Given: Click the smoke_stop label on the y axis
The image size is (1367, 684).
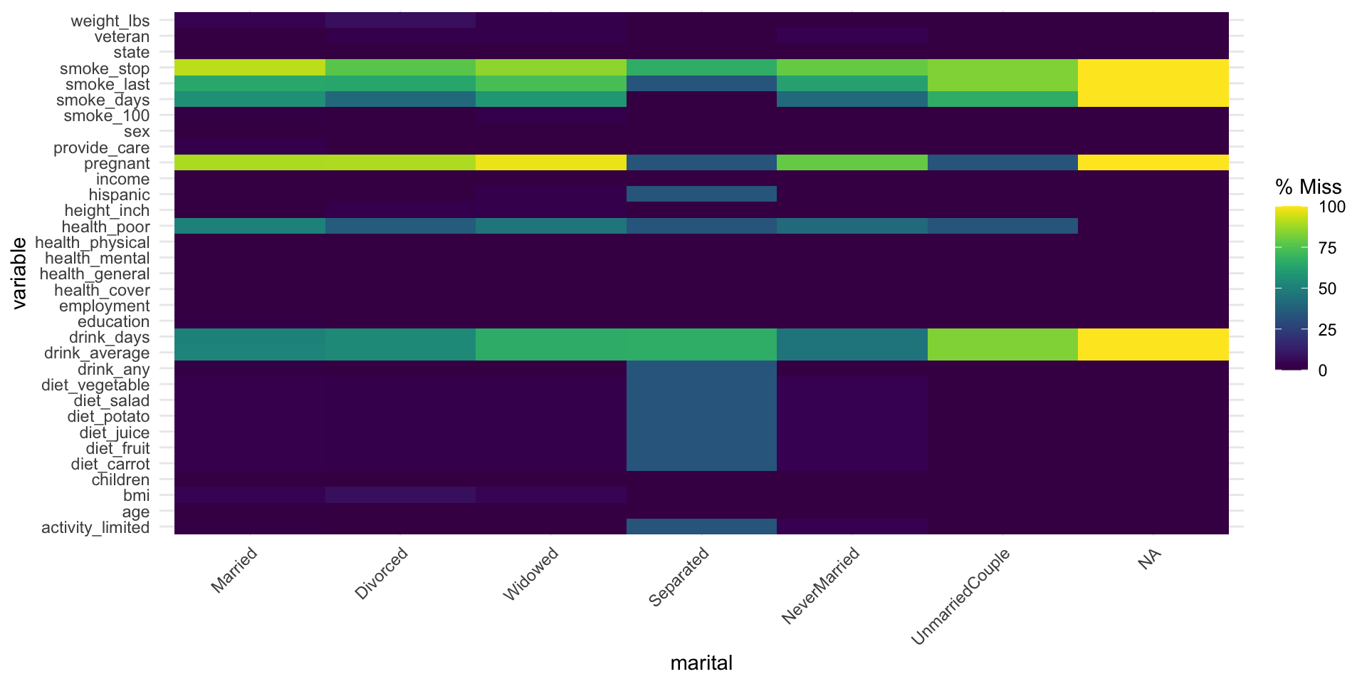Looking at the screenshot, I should click(105, 68).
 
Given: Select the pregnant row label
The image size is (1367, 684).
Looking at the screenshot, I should click(117, 163).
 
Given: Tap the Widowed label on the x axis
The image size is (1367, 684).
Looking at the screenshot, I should click(530, 574).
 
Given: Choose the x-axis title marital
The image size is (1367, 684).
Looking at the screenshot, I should click(701, 663).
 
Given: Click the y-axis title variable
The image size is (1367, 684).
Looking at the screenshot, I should click(19, 273).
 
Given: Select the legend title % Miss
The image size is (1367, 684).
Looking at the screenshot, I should click(1308, 187).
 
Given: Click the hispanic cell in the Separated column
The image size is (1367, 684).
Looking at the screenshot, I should click(701, 194).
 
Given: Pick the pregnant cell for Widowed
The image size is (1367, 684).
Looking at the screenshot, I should click(550, 163).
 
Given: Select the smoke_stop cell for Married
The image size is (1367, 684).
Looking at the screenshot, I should click(249, 68).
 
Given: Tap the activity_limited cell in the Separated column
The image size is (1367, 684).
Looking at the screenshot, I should click(701, 527).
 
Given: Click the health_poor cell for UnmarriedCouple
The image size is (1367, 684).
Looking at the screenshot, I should click(1002, 226).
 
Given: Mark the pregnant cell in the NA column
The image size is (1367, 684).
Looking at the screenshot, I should click(1153, 163).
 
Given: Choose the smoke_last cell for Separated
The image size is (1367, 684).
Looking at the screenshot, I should click(701, 83).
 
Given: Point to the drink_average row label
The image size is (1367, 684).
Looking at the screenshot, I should click(97, 353).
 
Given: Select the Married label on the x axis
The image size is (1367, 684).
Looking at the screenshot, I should click(234, 570).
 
